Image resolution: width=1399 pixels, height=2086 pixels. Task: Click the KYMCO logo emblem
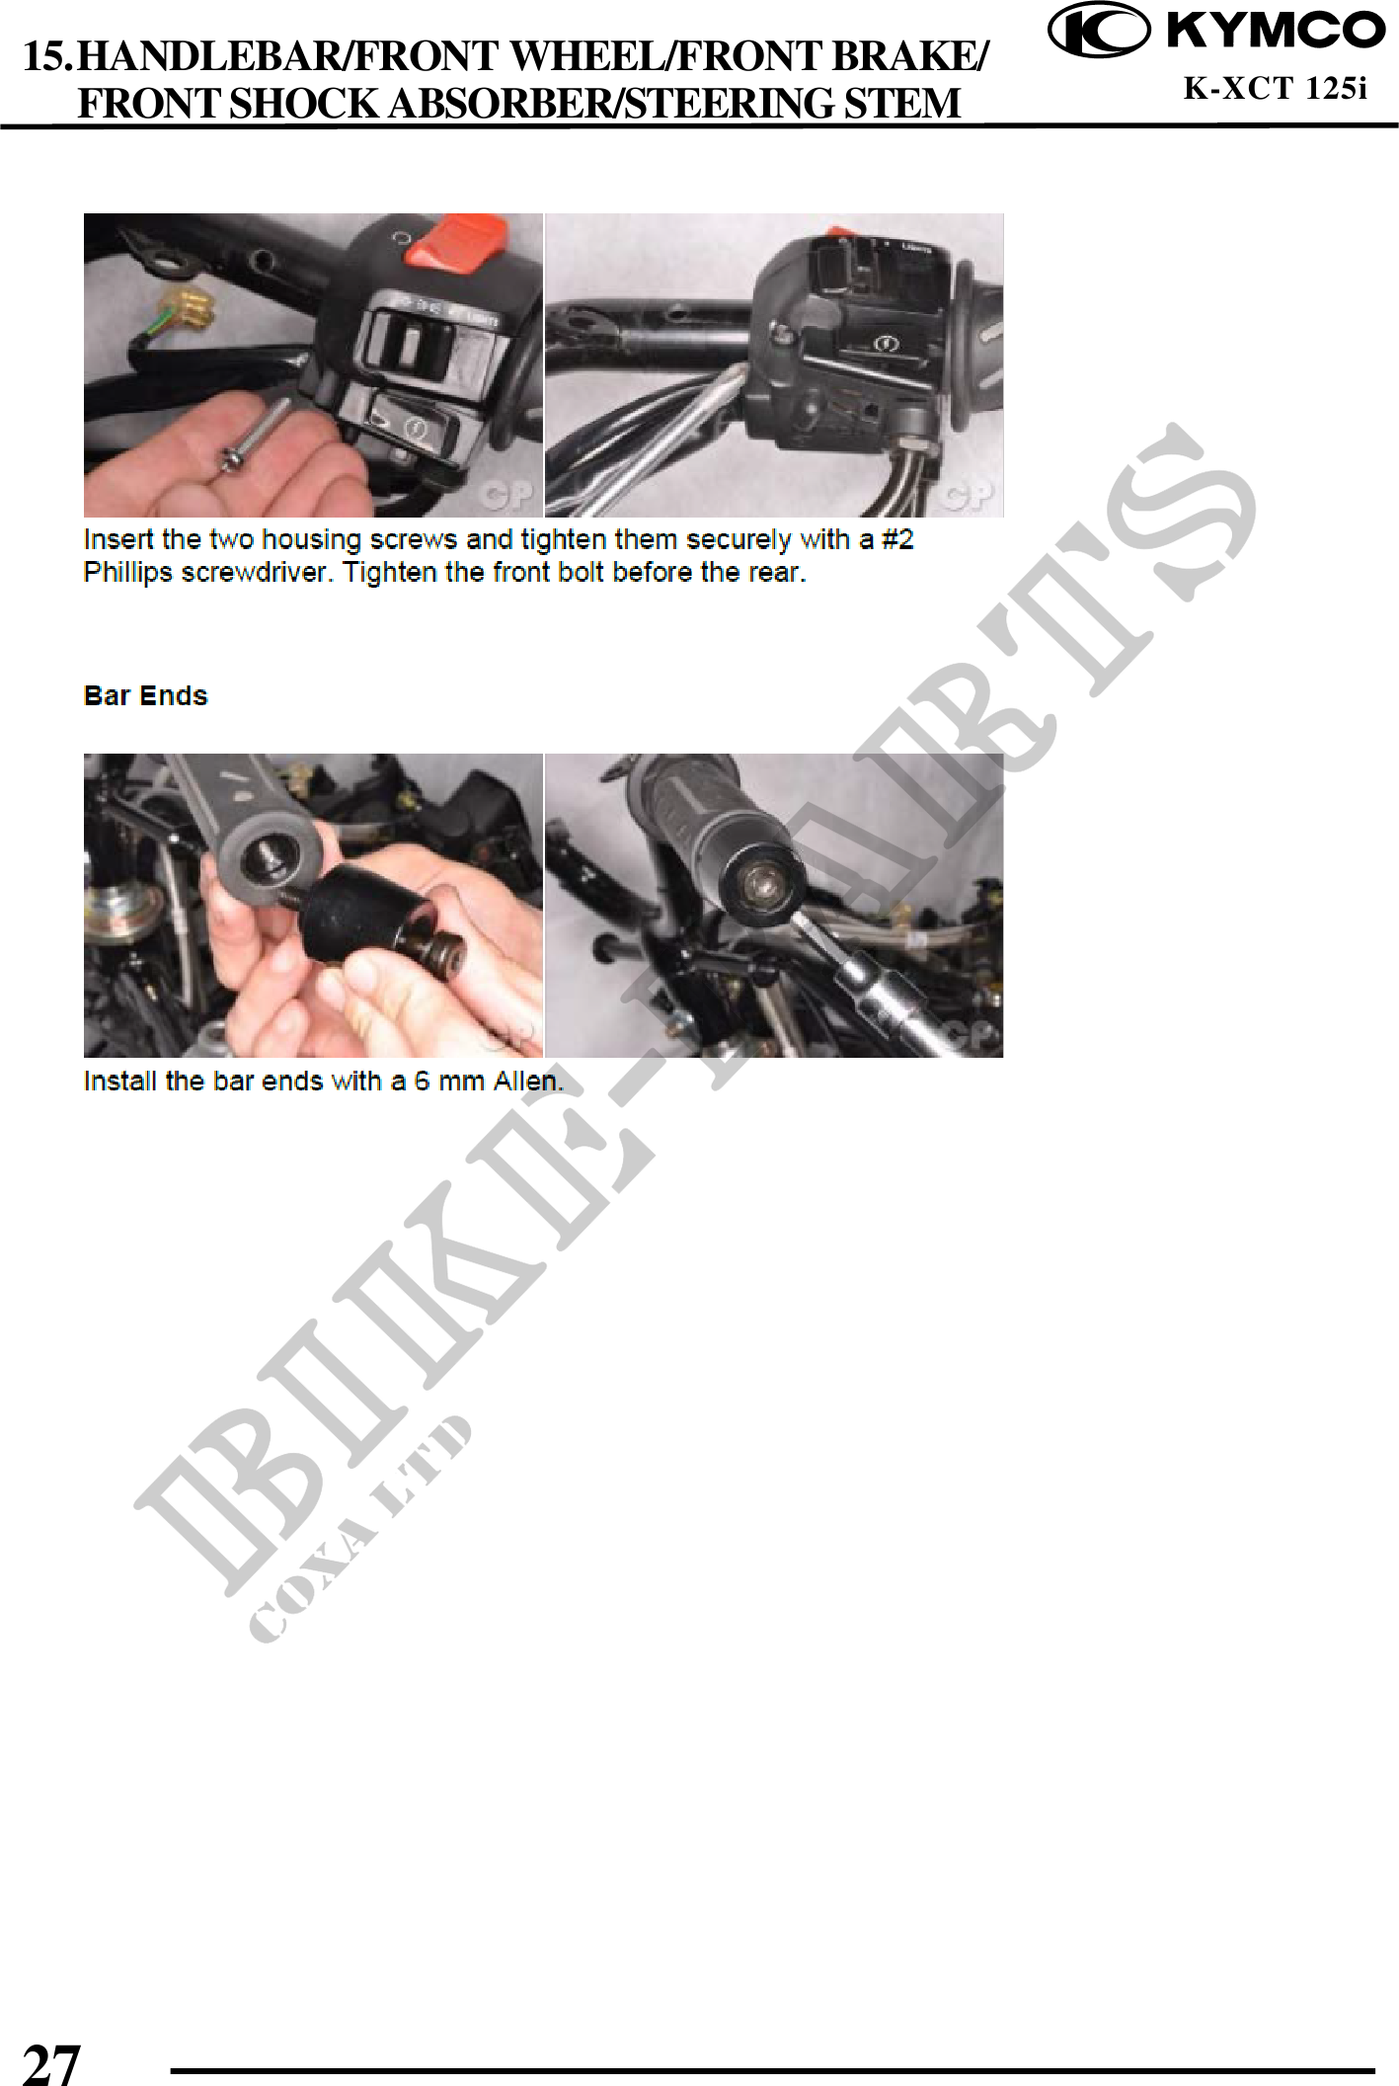pos(1098,31)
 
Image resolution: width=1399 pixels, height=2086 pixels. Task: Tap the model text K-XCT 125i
pos(1276,89)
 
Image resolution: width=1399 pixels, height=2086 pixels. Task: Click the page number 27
pos(50,2063)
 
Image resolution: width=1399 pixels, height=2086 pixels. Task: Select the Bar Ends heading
pos(146,695)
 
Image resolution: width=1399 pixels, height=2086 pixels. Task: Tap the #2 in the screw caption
pos(897,539)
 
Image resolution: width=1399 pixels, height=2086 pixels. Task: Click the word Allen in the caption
pos(528,1081)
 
